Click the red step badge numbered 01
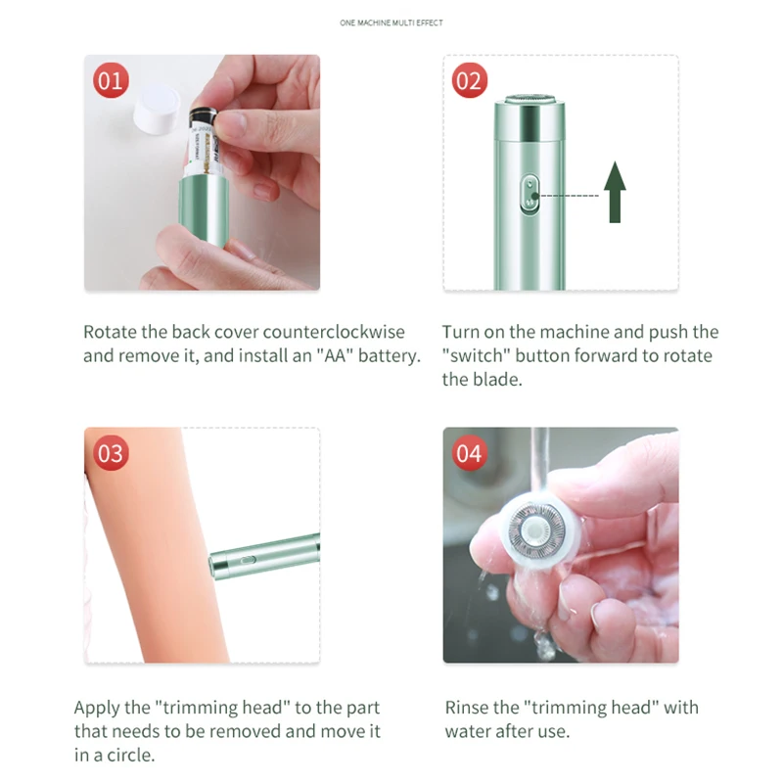(111, 80)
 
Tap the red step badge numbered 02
(470, 80)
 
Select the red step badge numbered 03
(111, 453)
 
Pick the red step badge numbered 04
(470, 453)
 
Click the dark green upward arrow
(615, 192)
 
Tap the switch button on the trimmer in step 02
(530, 194)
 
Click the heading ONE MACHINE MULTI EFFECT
(391, 23)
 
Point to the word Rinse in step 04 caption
(469, 707)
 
